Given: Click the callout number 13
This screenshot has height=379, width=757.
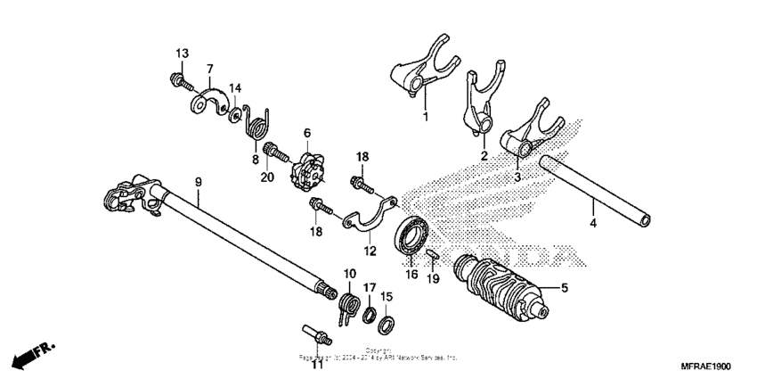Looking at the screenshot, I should point(182,54).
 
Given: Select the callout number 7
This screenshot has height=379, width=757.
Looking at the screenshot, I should point(210,69).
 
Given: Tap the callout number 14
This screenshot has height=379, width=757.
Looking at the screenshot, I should point(235,87).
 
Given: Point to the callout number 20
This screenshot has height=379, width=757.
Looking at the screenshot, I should point(265,177).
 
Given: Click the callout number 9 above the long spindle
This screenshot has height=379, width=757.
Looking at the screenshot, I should point(198,182).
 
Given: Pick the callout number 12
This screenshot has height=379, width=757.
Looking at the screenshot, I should point(370,251).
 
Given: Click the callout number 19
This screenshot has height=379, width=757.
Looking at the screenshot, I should point(434,278).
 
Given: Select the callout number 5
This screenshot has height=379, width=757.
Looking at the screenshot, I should point(563,287).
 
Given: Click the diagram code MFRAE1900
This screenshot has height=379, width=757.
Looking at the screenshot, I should point(705,367).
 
